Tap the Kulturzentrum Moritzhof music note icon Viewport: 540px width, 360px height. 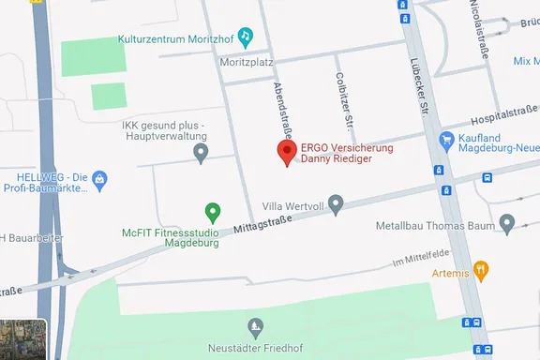coord(245,37)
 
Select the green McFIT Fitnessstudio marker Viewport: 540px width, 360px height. coord(213,212)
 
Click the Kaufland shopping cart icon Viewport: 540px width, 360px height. coord(446,140)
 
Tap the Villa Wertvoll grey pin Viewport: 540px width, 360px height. coord(337,202)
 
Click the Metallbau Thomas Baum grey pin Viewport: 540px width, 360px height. coord(507,223)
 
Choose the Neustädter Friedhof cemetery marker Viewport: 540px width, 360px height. coord(255,326)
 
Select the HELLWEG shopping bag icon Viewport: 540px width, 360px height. coord(100,178)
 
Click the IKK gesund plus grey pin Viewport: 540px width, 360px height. coord(200,152)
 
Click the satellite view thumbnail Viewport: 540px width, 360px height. coord(23,338)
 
